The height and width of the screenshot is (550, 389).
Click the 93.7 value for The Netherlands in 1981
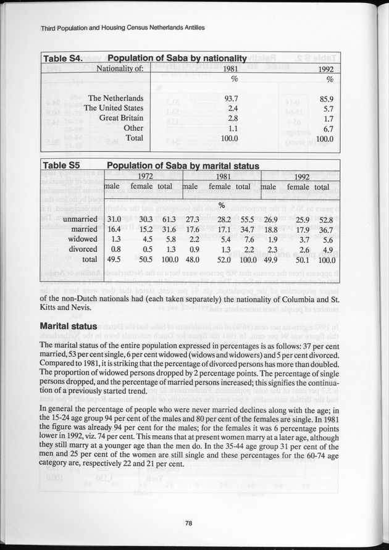coord(230,98)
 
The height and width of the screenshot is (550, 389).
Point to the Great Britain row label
coord(122,118)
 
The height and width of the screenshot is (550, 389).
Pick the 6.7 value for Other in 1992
coord(328,128)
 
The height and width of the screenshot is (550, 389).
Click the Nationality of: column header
coord(123,69)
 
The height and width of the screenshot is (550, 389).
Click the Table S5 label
coord(59,165)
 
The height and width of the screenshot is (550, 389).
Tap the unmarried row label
coord(80,219)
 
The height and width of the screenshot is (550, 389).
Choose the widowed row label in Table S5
coord(83,239)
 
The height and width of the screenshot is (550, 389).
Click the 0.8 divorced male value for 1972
coord(114,249)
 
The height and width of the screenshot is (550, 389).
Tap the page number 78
coord(190,523)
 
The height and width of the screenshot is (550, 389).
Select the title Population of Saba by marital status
coord(183,165)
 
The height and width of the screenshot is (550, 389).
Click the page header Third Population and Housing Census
coord(122,28)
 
